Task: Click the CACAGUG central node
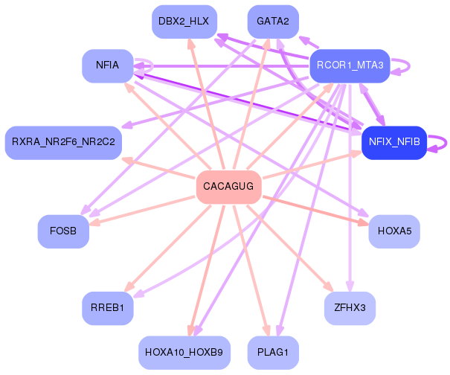229,187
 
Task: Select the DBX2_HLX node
184,22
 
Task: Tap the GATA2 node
273,22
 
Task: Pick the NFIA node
108,65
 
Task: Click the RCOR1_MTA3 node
350,65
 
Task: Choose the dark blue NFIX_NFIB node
394,143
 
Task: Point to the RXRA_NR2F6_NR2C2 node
63,143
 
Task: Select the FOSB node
63,231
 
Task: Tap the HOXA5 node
394,231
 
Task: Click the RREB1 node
108,308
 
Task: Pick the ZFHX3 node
350,308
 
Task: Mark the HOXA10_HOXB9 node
184,353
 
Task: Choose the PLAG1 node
273,353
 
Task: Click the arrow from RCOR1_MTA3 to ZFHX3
350,187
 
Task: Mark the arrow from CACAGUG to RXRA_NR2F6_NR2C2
158,167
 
